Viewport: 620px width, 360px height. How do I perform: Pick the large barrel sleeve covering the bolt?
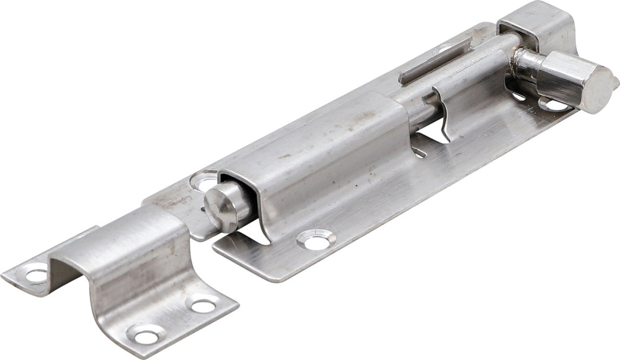pos(322,161)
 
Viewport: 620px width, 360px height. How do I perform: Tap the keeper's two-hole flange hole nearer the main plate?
pos(203,305)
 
